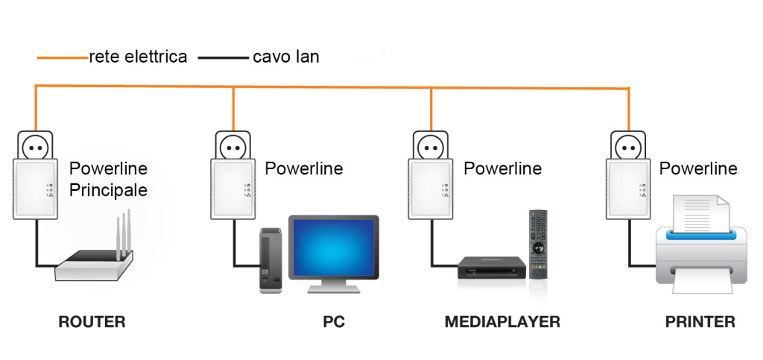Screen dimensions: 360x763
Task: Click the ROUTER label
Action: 92,322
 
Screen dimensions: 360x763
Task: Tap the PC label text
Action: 334,322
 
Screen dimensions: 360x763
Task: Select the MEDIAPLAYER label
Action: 502,322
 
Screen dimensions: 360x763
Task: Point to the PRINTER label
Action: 700,322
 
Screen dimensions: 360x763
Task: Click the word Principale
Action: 108,190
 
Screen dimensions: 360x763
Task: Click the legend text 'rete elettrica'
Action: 138,57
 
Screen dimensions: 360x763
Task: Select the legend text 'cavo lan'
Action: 286,57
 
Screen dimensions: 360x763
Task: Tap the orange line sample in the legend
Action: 61,57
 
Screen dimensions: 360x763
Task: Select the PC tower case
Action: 270,261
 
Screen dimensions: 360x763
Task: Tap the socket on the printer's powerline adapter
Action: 627,146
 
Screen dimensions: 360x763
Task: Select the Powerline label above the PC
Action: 303,168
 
